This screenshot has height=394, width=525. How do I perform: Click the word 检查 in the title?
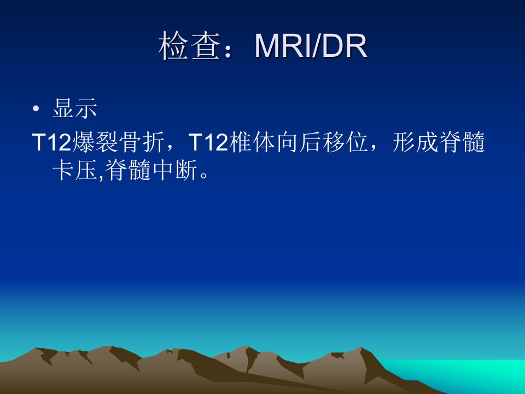click(x=189, y=46)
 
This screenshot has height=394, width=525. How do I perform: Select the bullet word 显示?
click(x=75, y=108)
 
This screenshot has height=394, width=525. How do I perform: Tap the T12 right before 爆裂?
click(x=52, y=142)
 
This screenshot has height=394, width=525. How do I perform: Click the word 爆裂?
click(x=95, y=142)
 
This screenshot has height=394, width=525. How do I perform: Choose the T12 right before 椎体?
click(x=208, y=142)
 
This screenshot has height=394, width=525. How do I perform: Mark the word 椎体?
click(x=252, y=142)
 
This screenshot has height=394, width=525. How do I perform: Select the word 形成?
click(x=416, y=142)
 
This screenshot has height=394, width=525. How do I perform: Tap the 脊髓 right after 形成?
click(x=462, y=142)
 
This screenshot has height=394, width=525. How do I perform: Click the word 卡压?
click(x=75, y=170)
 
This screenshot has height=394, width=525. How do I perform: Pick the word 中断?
click(x=175, y=170)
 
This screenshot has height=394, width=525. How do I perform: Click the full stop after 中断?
click(x=203, y=175)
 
